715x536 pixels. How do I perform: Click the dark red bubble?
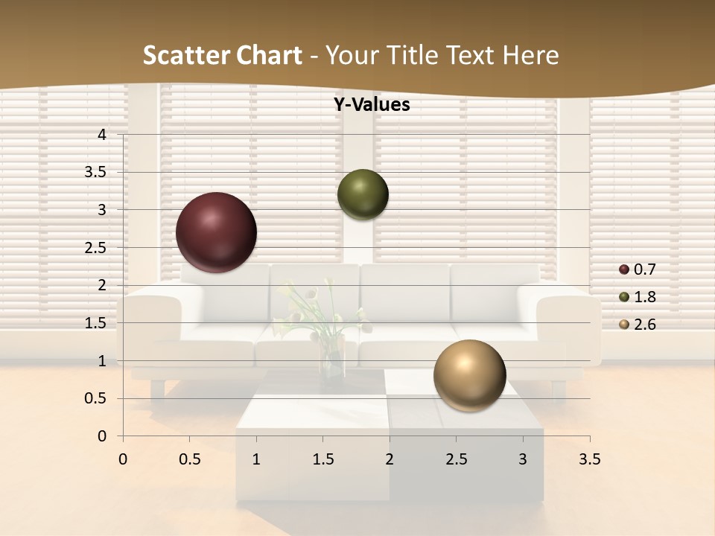click(x=216, y=232)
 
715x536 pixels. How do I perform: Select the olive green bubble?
click(x=363, y=194)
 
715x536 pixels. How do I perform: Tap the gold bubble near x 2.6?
click(x=469, y=375)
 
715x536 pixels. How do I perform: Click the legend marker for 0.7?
click(x=624, y=269)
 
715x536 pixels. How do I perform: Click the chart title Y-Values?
click(x=372, y=105)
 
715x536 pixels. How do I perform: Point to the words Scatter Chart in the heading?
click(x=222, y=55)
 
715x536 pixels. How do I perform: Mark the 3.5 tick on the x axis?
click(x=589, y=459)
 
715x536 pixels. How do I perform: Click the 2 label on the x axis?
click(x=390, y=459)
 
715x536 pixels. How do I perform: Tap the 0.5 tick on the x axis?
click(x=189, y=459)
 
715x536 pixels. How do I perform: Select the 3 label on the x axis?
click(x=523, y=459)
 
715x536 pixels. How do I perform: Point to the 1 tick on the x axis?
click(x=256, y=459)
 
